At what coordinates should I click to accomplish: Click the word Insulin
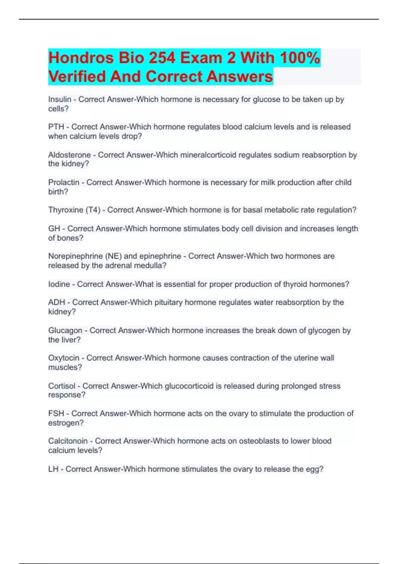(x=60, y=100)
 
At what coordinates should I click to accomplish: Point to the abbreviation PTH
(x=56, y=127)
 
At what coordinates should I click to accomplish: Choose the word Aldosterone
(x=69, y=155)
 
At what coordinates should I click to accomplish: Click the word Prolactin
(x=64, y=182)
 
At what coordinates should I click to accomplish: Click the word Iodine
(x=59, y=284)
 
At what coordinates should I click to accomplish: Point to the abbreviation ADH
(x=57, y=303)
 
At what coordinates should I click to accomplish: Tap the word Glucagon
(x=65, y=331)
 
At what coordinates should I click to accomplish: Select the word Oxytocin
(x=64, y=358)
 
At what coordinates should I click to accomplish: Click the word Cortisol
(x=62, y=386)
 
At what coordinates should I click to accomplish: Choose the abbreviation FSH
(x=56, y=414)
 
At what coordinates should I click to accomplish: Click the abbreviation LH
(x=53, y=469)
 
